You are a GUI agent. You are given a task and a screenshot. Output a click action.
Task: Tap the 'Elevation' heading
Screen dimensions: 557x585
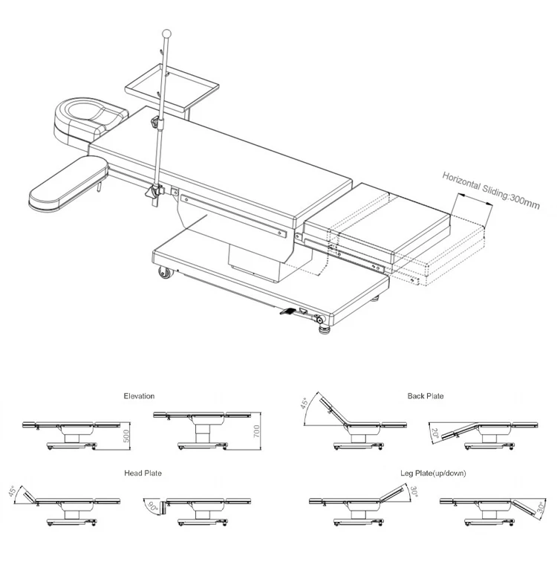pyautogui.click(x=139, y=396)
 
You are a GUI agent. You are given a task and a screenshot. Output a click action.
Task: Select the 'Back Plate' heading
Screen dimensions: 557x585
pyautogui.click(x=425, y=396)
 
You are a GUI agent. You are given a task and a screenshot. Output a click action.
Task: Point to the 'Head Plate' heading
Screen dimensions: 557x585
pyautogui.click(x=143, y=473)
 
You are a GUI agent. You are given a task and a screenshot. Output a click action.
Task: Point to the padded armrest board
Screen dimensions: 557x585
pyautogui.click(x=65, y=182)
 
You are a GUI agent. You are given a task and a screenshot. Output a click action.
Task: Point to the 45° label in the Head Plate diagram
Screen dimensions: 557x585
pyautogui.click(x=11, y=492)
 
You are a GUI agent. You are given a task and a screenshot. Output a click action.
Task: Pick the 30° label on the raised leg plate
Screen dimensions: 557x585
pyautogui.click(x=414, y=492)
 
